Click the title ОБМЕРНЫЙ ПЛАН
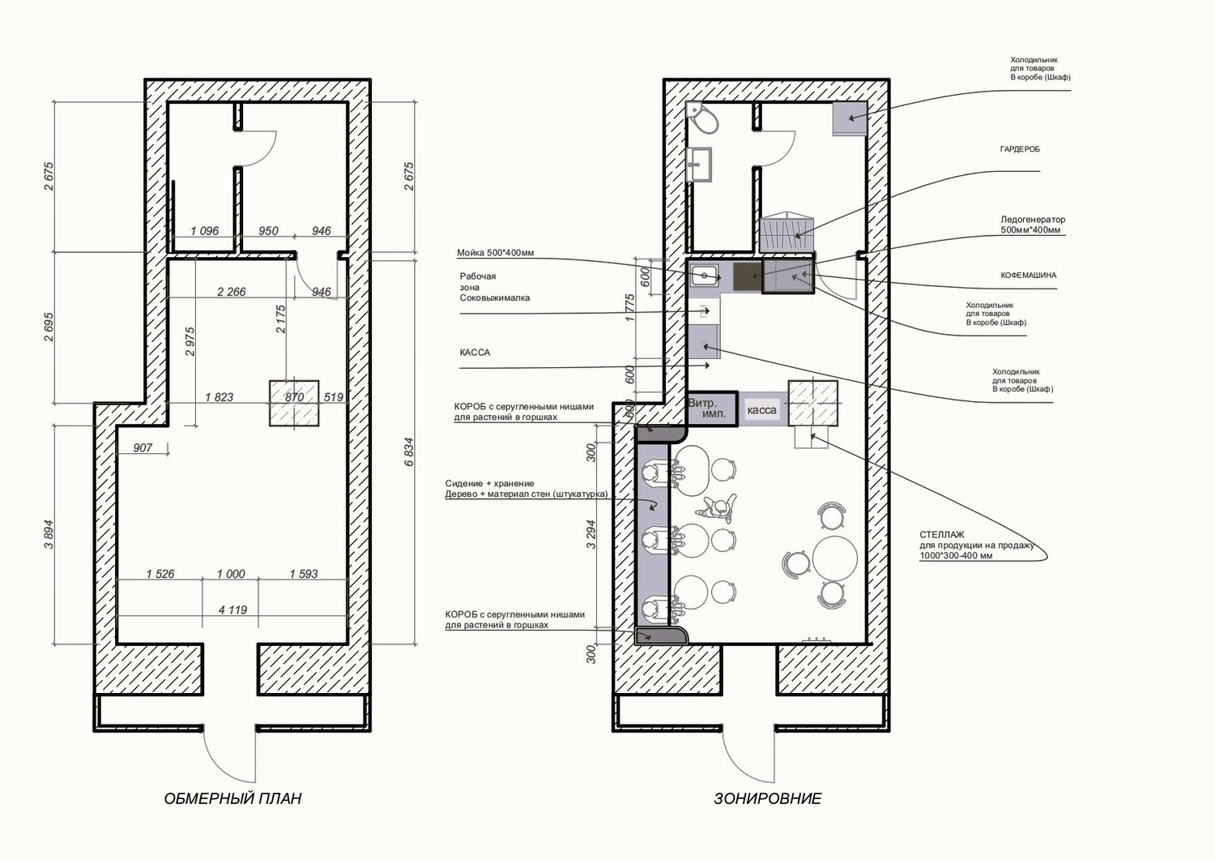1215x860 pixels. (x=232, y=798)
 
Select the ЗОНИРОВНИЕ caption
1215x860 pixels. (x=768, y=798)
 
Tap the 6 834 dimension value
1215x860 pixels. (x=409, y=451)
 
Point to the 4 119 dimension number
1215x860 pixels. (x=232, y=610)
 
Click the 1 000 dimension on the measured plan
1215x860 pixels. (x=231, y=574)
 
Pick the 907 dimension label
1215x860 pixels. (x=143, y=448)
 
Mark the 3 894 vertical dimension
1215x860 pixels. (x=49, y=535)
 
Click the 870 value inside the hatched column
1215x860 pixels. (x=294, y=397)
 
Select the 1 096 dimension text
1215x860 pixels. (x=204, y=231)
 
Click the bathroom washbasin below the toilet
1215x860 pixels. (x=698, y=164)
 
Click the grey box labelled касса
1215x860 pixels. (x=762, y=410)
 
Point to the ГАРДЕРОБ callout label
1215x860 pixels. (x=1020, y=149)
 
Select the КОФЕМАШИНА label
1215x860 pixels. (x=1029, y=276)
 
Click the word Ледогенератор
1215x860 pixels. (x=1033, y=220)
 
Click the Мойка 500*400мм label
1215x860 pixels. (x=495, y=253)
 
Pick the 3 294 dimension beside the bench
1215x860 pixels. (x=591, y=534)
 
